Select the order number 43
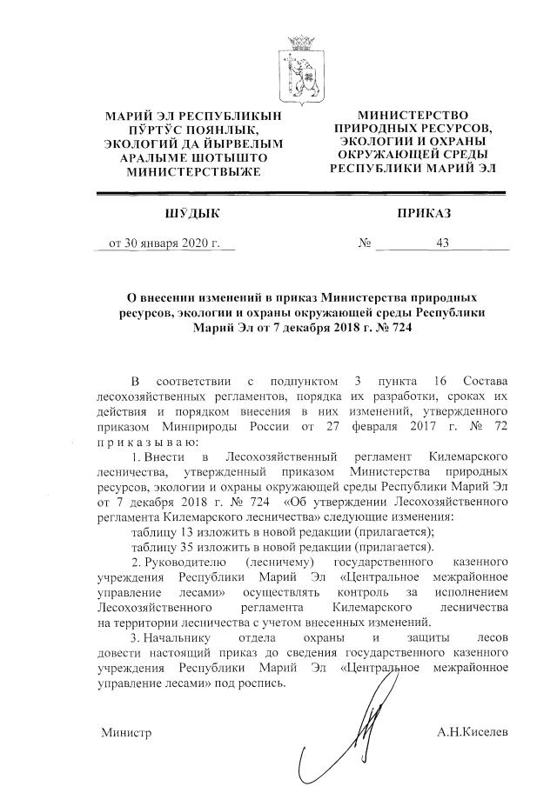point(442,244)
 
